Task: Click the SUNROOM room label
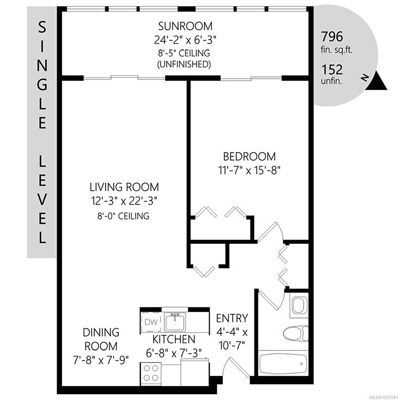185,26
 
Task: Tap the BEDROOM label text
249,157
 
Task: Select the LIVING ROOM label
124,187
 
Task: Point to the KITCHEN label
174,339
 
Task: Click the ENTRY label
232,318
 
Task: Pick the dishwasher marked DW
151,322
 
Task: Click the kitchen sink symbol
175,322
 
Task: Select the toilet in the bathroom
296,333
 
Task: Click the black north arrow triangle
377,81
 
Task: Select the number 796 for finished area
332,36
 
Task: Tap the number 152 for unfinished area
332,69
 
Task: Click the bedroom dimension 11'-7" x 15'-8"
249,170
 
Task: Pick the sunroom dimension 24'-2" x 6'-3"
185,40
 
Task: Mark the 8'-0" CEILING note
123,216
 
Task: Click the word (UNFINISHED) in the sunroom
184,64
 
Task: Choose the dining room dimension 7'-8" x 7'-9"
101,360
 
